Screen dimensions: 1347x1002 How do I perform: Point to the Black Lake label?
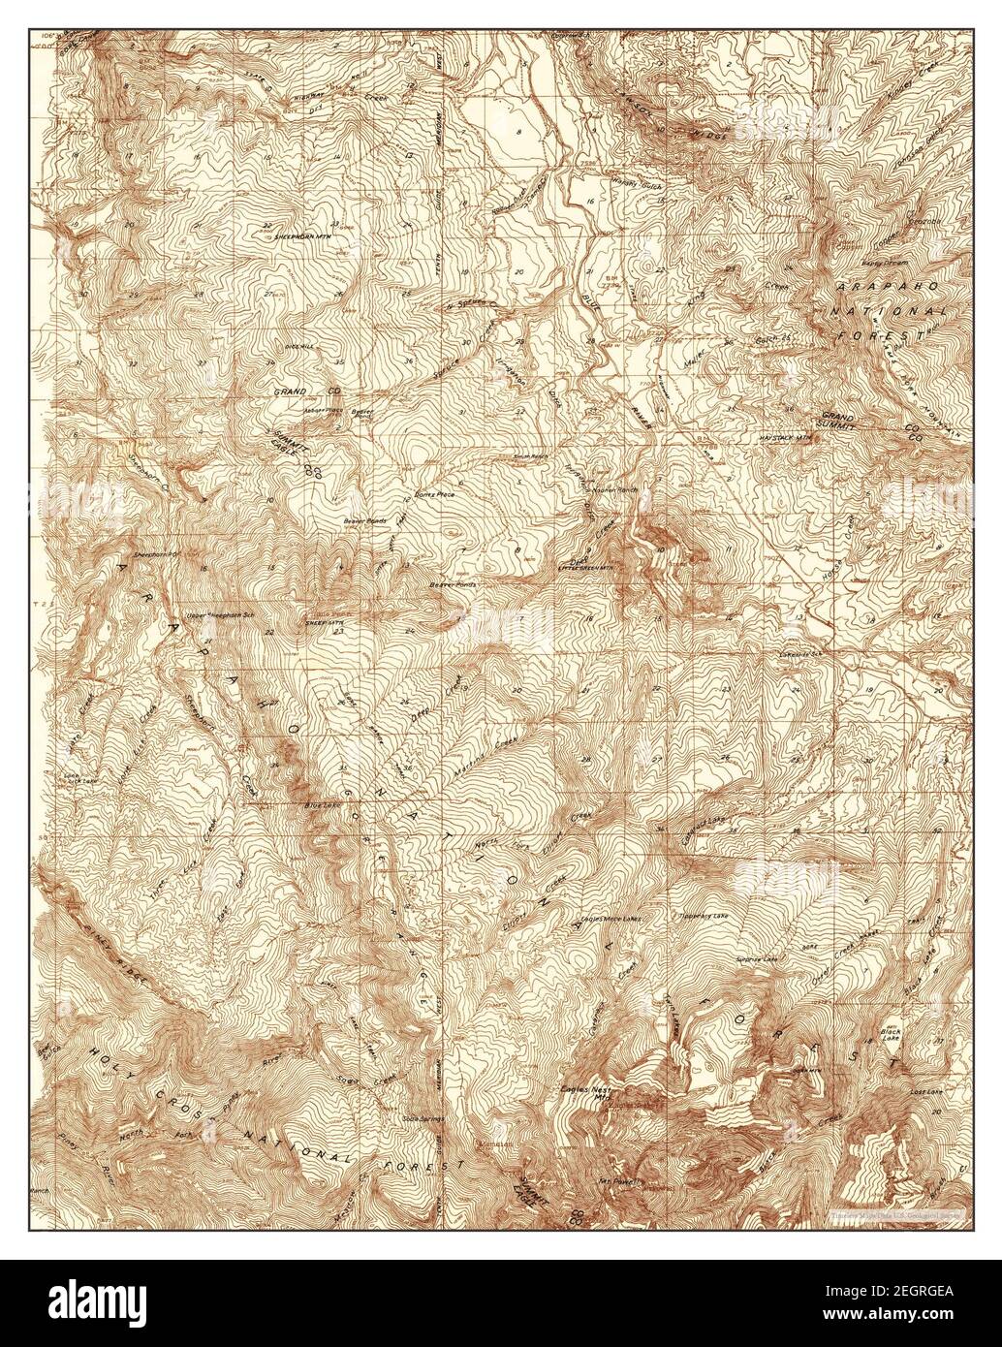pos(891,1036)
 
